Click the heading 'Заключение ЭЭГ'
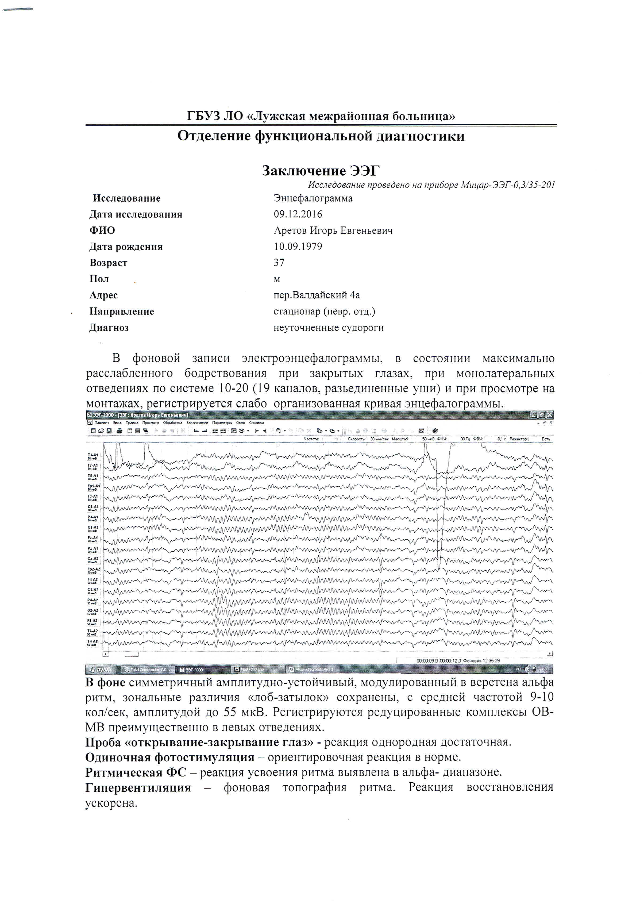pos(321,171)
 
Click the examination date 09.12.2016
pos(298,214)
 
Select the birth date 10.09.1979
pos(298,247)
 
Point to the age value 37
pos(279,263)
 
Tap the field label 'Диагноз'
pos(109,328)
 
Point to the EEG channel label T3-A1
pos(93,455)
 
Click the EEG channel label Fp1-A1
pos(93,486)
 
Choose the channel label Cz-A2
pos(93,559)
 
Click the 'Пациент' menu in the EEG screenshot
pos(102,423)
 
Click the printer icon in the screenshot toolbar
pos(119,431)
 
